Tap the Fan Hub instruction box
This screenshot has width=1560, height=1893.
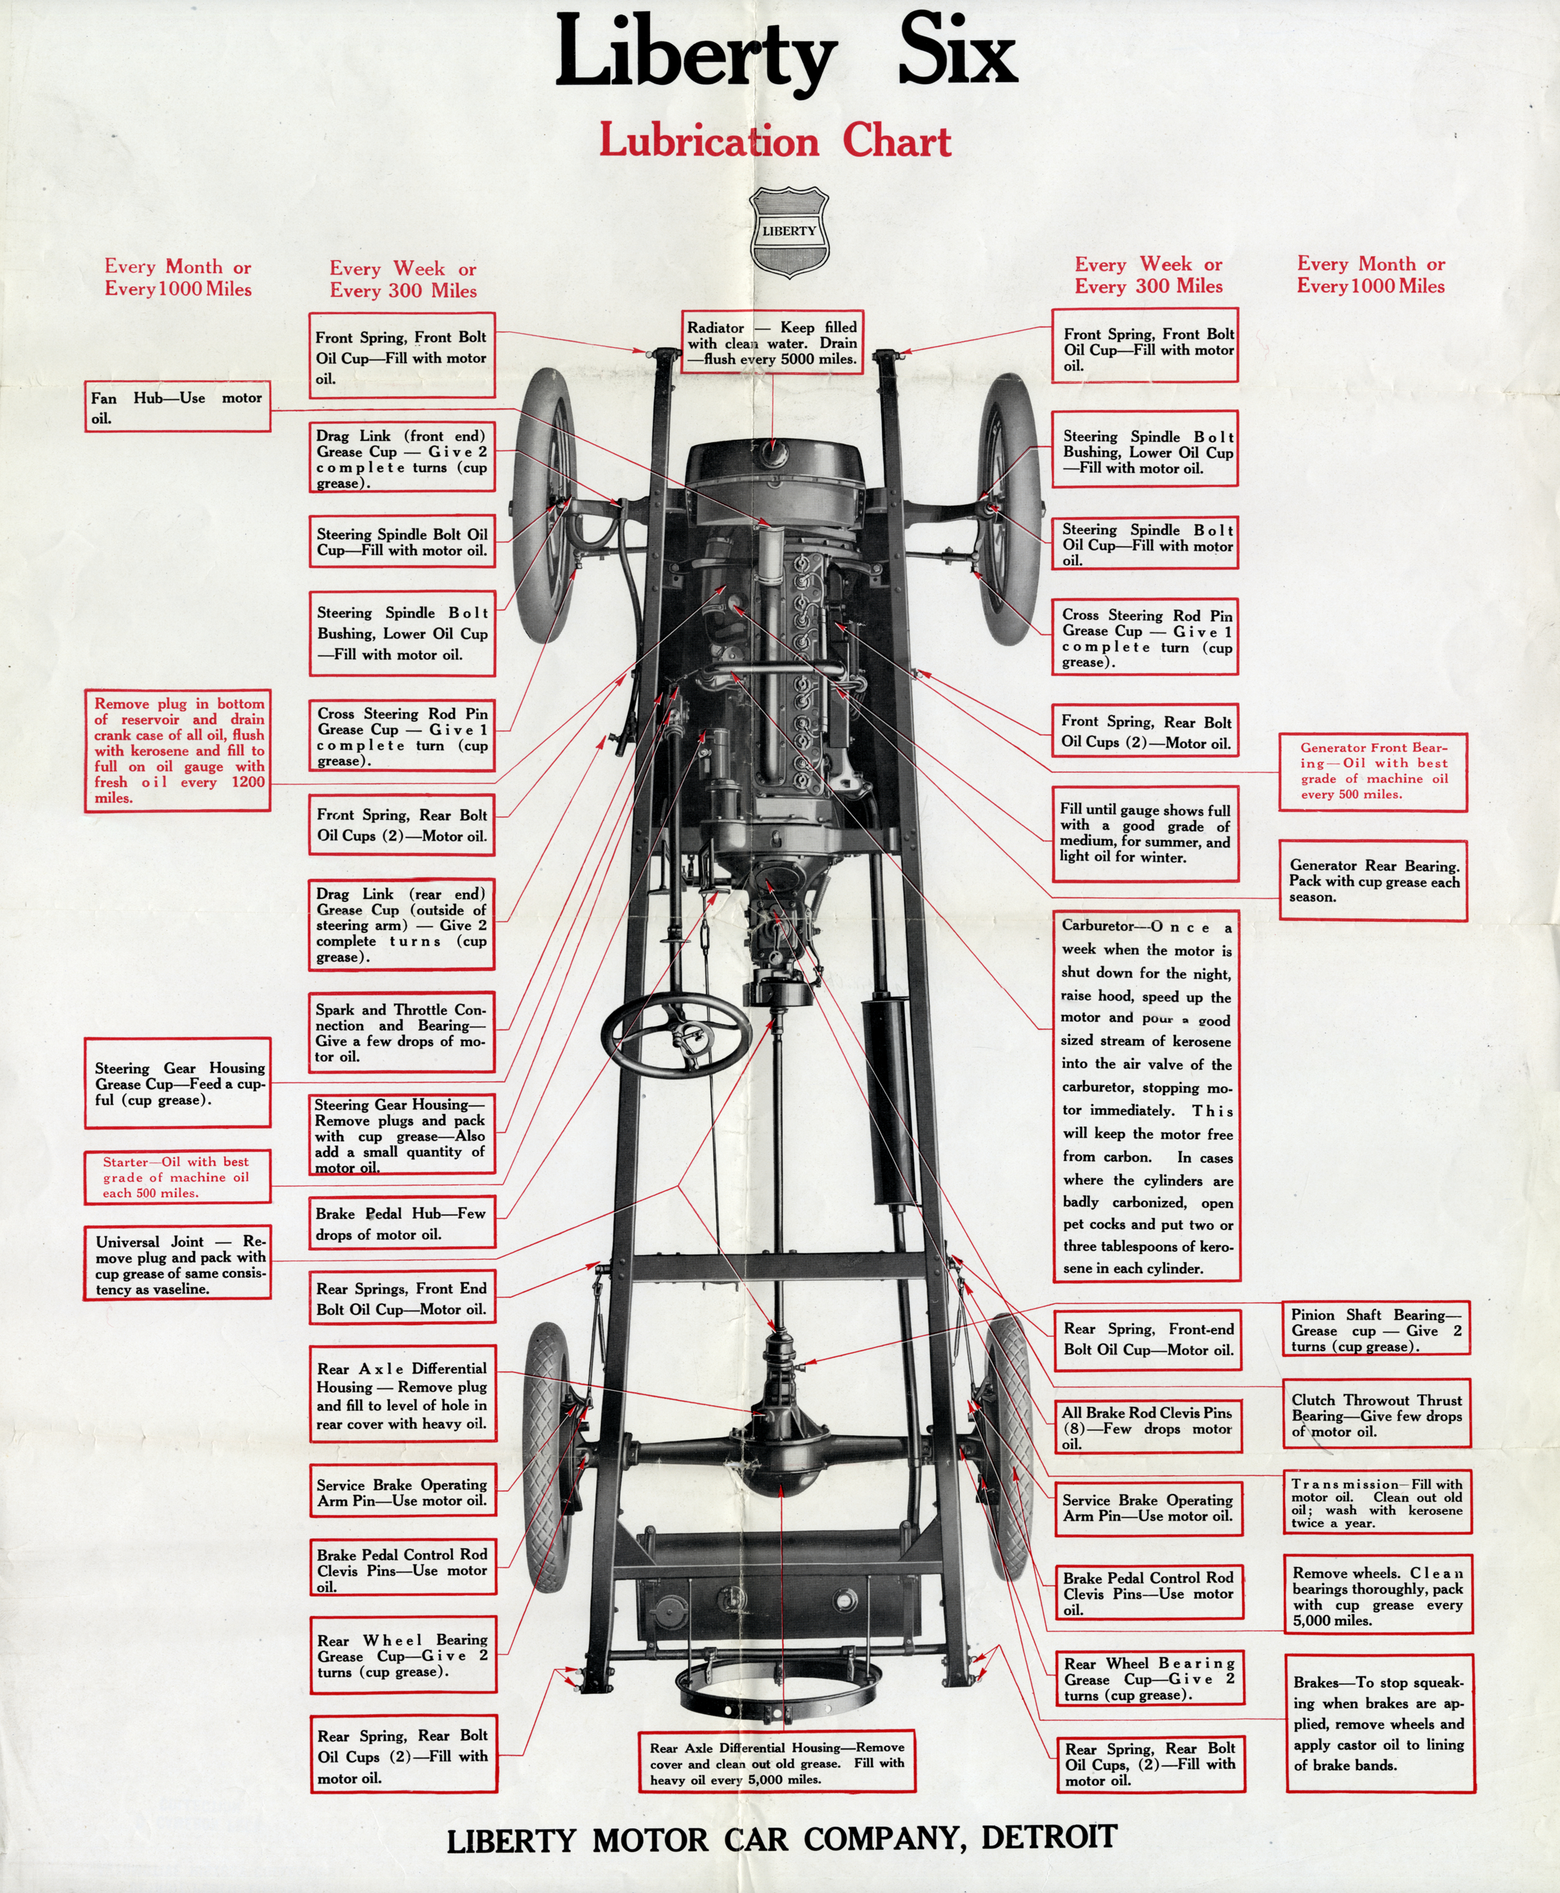tap(177, 407)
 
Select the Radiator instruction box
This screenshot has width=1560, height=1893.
tap(772, 343)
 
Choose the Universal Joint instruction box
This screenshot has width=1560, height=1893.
tap(177, 1264)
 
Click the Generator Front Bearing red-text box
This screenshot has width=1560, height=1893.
tap(1372, 771)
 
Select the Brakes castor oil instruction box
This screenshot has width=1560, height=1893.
tap(1378, 1723)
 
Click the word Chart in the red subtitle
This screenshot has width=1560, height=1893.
tap(896, 142)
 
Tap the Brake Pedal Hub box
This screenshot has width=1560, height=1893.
tap(402, 1222)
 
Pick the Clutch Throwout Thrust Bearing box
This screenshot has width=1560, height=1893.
tap(1376, 1414)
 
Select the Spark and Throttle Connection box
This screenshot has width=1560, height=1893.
tap(402, 1033)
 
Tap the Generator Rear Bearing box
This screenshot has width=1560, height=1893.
tap(1373, 880)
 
